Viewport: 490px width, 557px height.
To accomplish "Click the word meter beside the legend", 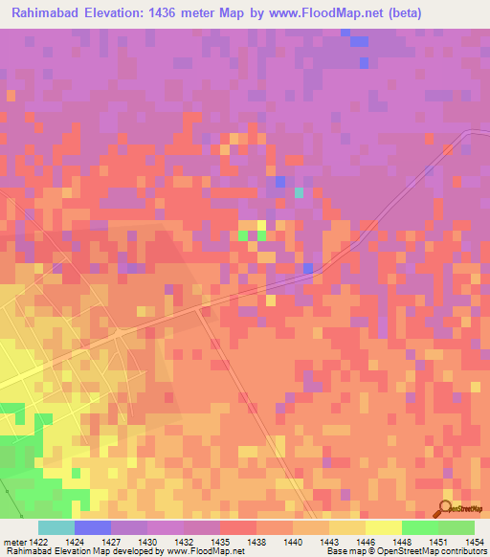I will click(x=14, y=542).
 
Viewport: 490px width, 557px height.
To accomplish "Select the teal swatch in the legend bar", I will click(x=56, y=527).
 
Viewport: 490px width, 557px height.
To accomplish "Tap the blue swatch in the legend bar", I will click(x=93, y=527).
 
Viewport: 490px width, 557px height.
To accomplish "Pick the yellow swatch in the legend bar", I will click(x=383, y=527).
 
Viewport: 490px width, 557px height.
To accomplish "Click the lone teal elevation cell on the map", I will click(x=299, y=192).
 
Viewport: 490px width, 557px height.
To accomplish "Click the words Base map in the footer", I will click(x=343, y=551).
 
